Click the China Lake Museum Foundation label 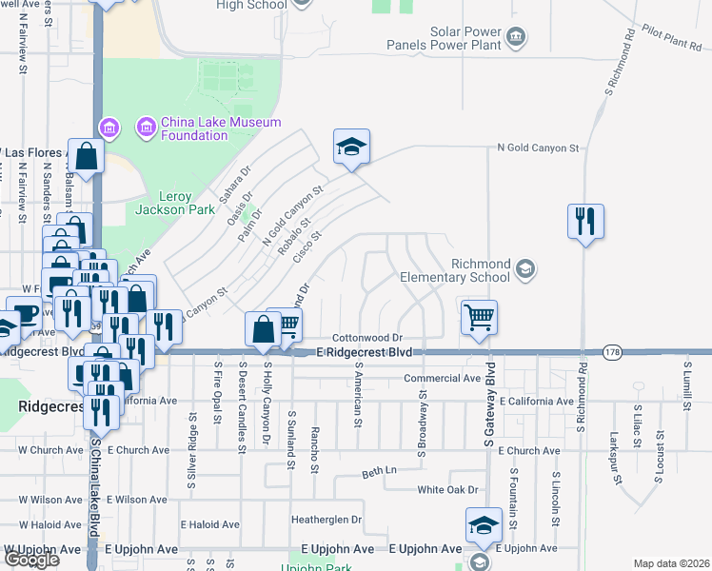(221, 128)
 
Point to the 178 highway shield (611, 352)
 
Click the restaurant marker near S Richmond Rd (586, 222)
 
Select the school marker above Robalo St (351, 147)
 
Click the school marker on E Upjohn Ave (484, 526)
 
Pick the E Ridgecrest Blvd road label (365, 352)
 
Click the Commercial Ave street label (442, 378)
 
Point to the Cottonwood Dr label (368, 338)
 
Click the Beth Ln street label (378, 472)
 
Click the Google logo (30, 560)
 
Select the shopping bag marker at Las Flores (86, 157)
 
